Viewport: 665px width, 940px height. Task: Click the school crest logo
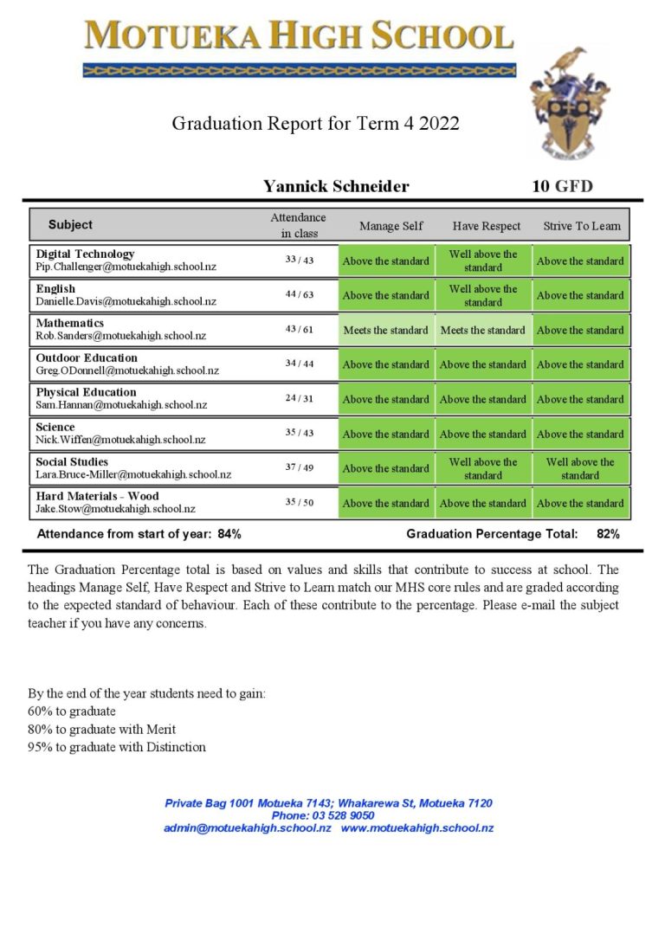click(x=569, y=103)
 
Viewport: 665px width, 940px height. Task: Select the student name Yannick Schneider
click(x=336, y=186)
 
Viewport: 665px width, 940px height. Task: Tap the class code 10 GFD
click(x=562, y=186)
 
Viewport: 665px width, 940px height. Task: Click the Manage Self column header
click(x=391, y=226)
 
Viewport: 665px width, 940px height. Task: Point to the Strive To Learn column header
click(x=582, y=226)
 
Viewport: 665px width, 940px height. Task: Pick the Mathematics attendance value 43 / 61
click(x=300, y=330)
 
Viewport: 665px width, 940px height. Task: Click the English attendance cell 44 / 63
click(x=300, y=295)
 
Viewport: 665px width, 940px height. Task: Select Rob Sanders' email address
click(x=120, y=336)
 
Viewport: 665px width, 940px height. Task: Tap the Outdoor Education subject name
click(x=87, y=357)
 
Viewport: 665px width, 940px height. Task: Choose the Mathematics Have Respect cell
click(x=483, y=330)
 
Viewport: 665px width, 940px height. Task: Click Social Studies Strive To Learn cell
click(x=580, y=468)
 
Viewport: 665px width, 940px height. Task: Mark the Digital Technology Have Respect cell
click(x=483, y=261)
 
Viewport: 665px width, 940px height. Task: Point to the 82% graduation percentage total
click(x=608, y=534)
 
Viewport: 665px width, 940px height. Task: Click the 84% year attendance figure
click(x=229, y=534)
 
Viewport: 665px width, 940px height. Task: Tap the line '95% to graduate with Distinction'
click(x=117, y=747)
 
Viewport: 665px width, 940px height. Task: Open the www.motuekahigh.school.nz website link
click(x=417, y=828)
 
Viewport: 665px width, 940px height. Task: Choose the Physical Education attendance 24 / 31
click(x=300, y=399)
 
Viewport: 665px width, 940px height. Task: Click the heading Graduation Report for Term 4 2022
click(x=315, y=123)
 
